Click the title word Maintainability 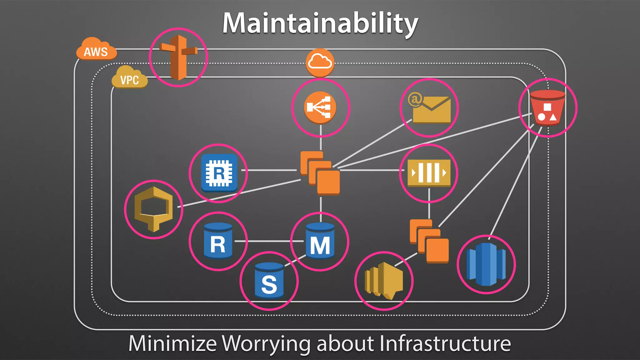pyautogui.click(x=320, y=23)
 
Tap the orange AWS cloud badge pyautogui.click(x=96, y=50)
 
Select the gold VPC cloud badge pyautogui.click(x=129, y=78)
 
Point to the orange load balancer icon pyautogui.click(x=320, y=107)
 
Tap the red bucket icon pyautogui.click(x=547, y=108)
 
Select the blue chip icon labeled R pyautogui.click(x=219, y=173)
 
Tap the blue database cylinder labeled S pyautogui.click(x=269, y=281)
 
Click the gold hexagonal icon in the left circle pyautogui.click(x=153, y=209)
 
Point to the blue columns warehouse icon pyautogui.click(x=486, y=264)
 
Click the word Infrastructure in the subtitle pyautogui.click(x=445, y=343)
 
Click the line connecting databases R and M pyautogui.click(x=269, y=241)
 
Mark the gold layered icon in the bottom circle pyautogui.click(x=383, y=281)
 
